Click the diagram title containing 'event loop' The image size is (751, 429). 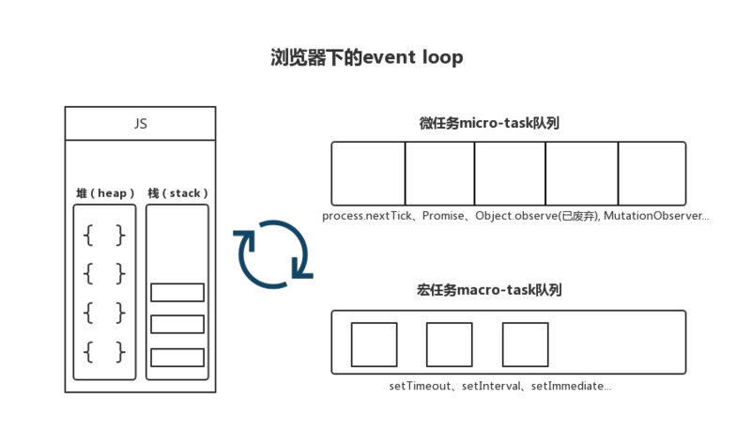click(x=365, y=57)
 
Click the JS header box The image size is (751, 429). click(x=140, y=124)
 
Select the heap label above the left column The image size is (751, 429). click(x=104, y=192)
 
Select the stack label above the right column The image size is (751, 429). click(x=177, y=192)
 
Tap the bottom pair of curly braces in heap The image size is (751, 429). click(x=104, y=352)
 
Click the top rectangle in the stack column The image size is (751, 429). click(x=177, y=292)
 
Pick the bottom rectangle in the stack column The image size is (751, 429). click(x=177, y=358)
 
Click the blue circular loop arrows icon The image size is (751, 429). click(x=271, y=251)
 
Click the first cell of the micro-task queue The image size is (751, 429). click(x=369, y=173)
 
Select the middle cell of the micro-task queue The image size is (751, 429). click(x=510, y=173)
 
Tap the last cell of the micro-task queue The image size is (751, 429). click(x=651, y=173)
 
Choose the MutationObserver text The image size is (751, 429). click(x=656, y=216)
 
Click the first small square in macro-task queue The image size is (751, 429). click(x=374, y=344)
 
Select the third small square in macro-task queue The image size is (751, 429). click(x=525, y=344)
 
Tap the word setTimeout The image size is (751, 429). click(x=421, y=386)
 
